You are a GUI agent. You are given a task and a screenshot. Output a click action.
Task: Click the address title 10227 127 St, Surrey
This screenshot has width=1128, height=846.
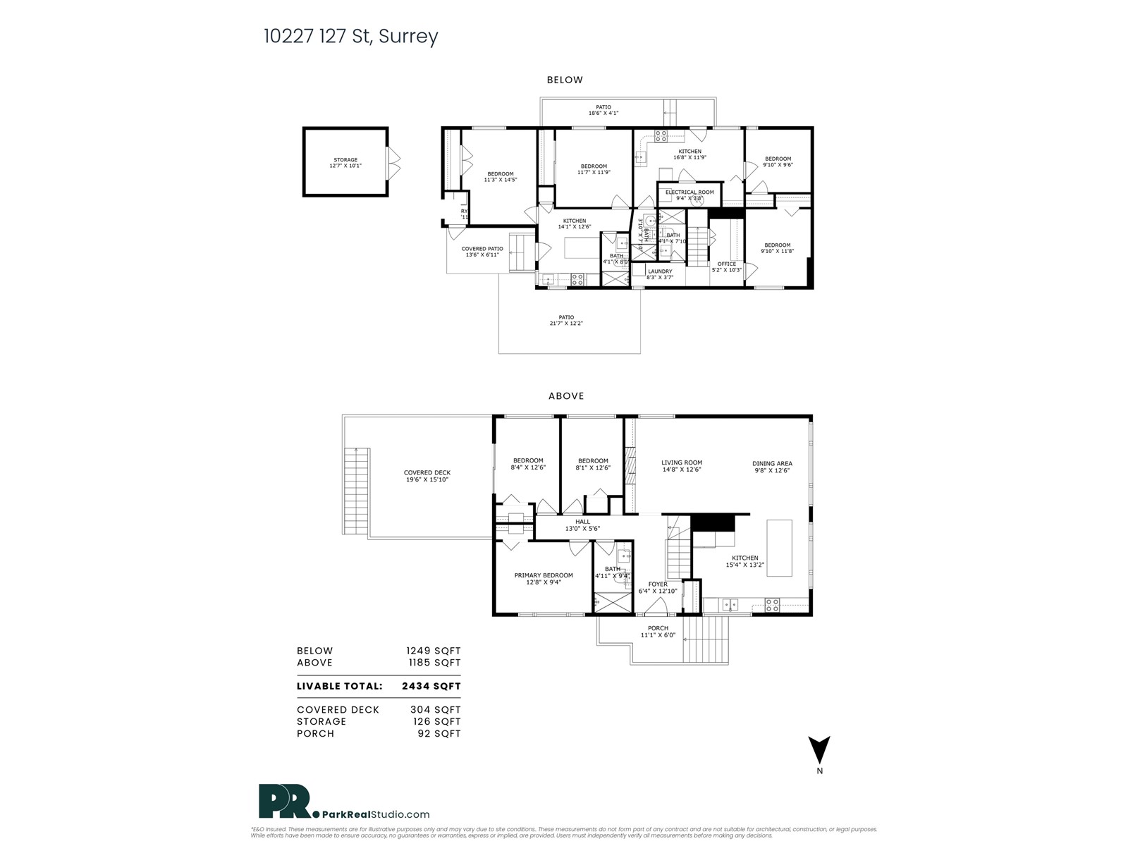(x=350, y=37)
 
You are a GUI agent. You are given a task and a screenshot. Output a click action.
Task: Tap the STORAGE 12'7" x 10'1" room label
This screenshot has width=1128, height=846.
(x=345, y=163)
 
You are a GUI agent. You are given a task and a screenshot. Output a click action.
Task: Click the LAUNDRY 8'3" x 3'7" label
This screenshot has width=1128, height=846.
(x=659, y=274)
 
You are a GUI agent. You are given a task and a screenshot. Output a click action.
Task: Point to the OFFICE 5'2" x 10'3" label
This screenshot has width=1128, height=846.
(x=726, y=266)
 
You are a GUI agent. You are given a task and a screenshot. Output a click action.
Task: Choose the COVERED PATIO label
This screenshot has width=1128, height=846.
(x=482, y=252)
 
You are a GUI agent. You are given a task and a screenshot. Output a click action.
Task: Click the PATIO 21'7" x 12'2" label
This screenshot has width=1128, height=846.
(x=565, y=320)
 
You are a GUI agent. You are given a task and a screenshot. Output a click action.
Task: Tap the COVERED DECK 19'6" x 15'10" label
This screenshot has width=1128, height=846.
(x=427, y=476)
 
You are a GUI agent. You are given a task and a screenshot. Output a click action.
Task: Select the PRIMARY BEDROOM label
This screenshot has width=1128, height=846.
(x=543, y=579)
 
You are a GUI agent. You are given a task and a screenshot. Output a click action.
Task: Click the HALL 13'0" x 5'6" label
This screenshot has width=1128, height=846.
(x=582, y=525)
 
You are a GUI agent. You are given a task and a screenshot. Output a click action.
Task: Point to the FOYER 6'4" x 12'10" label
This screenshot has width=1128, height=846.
(x=657, y=587)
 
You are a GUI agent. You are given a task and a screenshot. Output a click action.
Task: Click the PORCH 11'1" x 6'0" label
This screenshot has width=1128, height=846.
(x=657, y=632)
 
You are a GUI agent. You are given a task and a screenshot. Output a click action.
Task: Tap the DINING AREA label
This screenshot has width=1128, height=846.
(x=771, y=467)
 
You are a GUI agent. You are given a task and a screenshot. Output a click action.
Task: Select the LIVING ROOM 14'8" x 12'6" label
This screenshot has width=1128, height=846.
(x=681, y=466)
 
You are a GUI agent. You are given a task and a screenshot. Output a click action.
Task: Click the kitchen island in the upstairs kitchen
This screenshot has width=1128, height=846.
(x=778, y=548)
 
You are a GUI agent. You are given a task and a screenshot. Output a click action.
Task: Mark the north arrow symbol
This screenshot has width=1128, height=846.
(x=819, y=750)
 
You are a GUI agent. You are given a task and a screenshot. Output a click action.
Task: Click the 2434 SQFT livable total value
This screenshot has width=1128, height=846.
(x=431, y=686)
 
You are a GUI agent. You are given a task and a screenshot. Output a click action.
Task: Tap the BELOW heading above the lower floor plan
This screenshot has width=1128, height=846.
(x=565, y=80)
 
